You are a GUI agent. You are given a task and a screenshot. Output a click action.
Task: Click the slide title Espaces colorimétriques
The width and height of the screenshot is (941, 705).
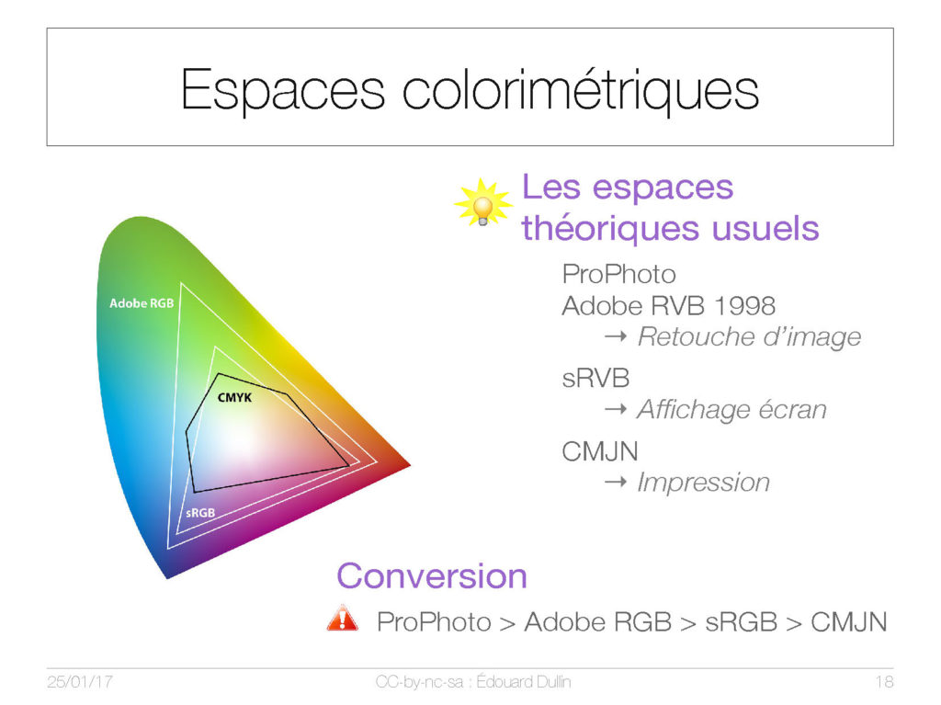click(470, 90)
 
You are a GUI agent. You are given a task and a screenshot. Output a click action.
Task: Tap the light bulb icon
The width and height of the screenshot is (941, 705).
click(483, 203)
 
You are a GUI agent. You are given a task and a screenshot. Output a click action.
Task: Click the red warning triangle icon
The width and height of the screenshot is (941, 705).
click(343, 618)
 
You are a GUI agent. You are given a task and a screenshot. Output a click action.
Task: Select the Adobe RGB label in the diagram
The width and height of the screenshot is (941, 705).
click(142, 303)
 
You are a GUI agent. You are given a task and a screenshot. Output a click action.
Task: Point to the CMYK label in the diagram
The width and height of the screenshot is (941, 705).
click(234, 397)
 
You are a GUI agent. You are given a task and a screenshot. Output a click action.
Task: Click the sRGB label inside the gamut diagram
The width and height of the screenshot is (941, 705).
click(199, 513)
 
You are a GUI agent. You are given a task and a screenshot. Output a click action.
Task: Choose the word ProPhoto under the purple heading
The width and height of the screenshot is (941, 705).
click(618, 275)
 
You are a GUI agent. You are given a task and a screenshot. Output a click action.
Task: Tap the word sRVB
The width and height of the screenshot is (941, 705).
click(595, 379)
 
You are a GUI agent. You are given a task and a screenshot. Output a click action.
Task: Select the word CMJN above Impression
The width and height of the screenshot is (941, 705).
click(599, 451)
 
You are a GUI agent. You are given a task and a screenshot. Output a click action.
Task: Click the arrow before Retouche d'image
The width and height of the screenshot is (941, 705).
click(615, 337)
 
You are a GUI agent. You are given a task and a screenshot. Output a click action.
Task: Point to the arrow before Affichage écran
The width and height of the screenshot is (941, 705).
click(615, 410)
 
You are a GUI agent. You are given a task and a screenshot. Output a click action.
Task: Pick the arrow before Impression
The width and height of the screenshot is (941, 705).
click(615, 482)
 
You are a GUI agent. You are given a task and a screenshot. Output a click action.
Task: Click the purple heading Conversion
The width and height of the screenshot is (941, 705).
click(432, 576)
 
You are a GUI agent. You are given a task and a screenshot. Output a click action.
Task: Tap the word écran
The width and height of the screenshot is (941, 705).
click(792, 410)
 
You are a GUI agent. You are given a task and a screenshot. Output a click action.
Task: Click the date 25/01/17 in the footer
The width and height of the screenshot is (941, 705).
click(80, 682)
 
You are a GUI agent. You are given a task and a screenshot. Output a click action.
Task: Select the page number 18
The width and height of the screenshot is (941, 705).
click(884, 682)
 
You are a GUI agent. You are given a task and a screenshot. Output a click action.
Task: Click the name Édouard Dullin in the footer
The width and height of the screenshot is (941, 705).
click(523, 682)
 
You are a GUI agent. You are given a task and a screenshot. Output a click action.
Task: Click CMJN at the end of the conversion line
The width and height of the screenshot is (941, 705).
click(848, 622)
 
